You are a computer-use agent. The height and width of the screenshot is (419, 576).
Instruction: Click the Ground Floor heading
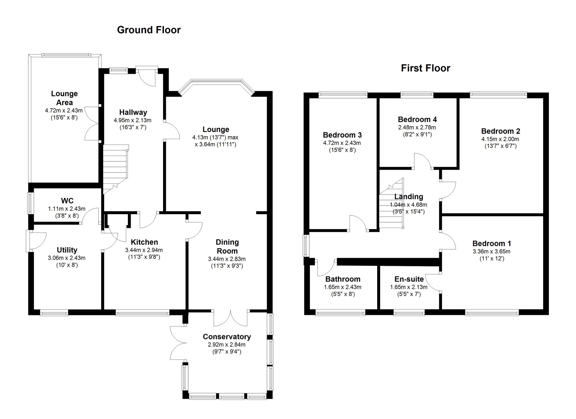coord(148,30)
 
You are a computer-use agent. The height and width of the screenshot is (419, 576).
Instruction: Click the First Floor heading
coord(425,68)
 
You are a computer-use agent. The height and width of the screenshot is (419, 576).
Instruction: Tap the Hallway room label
coord(133,112)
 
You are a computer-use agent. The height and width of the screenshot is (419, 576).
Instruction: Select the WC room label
coord(67,201)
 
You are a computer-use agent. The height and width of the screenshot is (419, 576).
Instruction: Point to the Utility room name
coord(67,250)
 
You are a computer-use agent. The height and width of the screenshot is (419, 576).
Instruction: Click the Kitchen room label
coord(144,242)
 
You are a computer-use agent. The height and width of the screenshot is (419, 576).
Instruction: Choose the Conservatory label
coord(227,337)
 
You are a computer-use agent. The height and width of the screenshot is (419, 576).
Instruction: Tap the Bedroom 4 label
coord(417,120)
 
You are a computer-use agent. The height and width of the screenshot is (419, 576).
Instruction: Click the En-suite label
coord(409,279)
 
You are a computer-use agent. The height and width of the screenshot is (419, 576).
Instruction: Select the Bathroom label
coord(343,279)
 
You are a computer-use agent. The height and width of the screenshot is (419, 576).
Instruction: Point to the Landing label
coord(408,197)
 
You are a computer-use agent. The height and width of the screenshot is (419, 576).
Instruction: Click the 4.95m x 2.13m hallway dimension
coord(132,120)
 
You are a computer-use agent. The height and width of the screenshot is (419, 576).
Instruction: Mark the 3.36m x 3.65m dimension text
coord(491,252)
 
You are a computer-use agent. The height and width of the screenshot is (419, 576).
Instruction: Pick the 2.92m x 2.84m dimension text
coord(227,344)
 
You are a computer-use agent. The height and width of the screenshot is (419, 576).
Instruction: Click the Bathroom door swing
coord(326,268)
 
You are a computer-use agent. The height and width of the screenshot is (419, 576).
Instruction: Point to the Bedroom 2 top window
coord(498,95)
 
